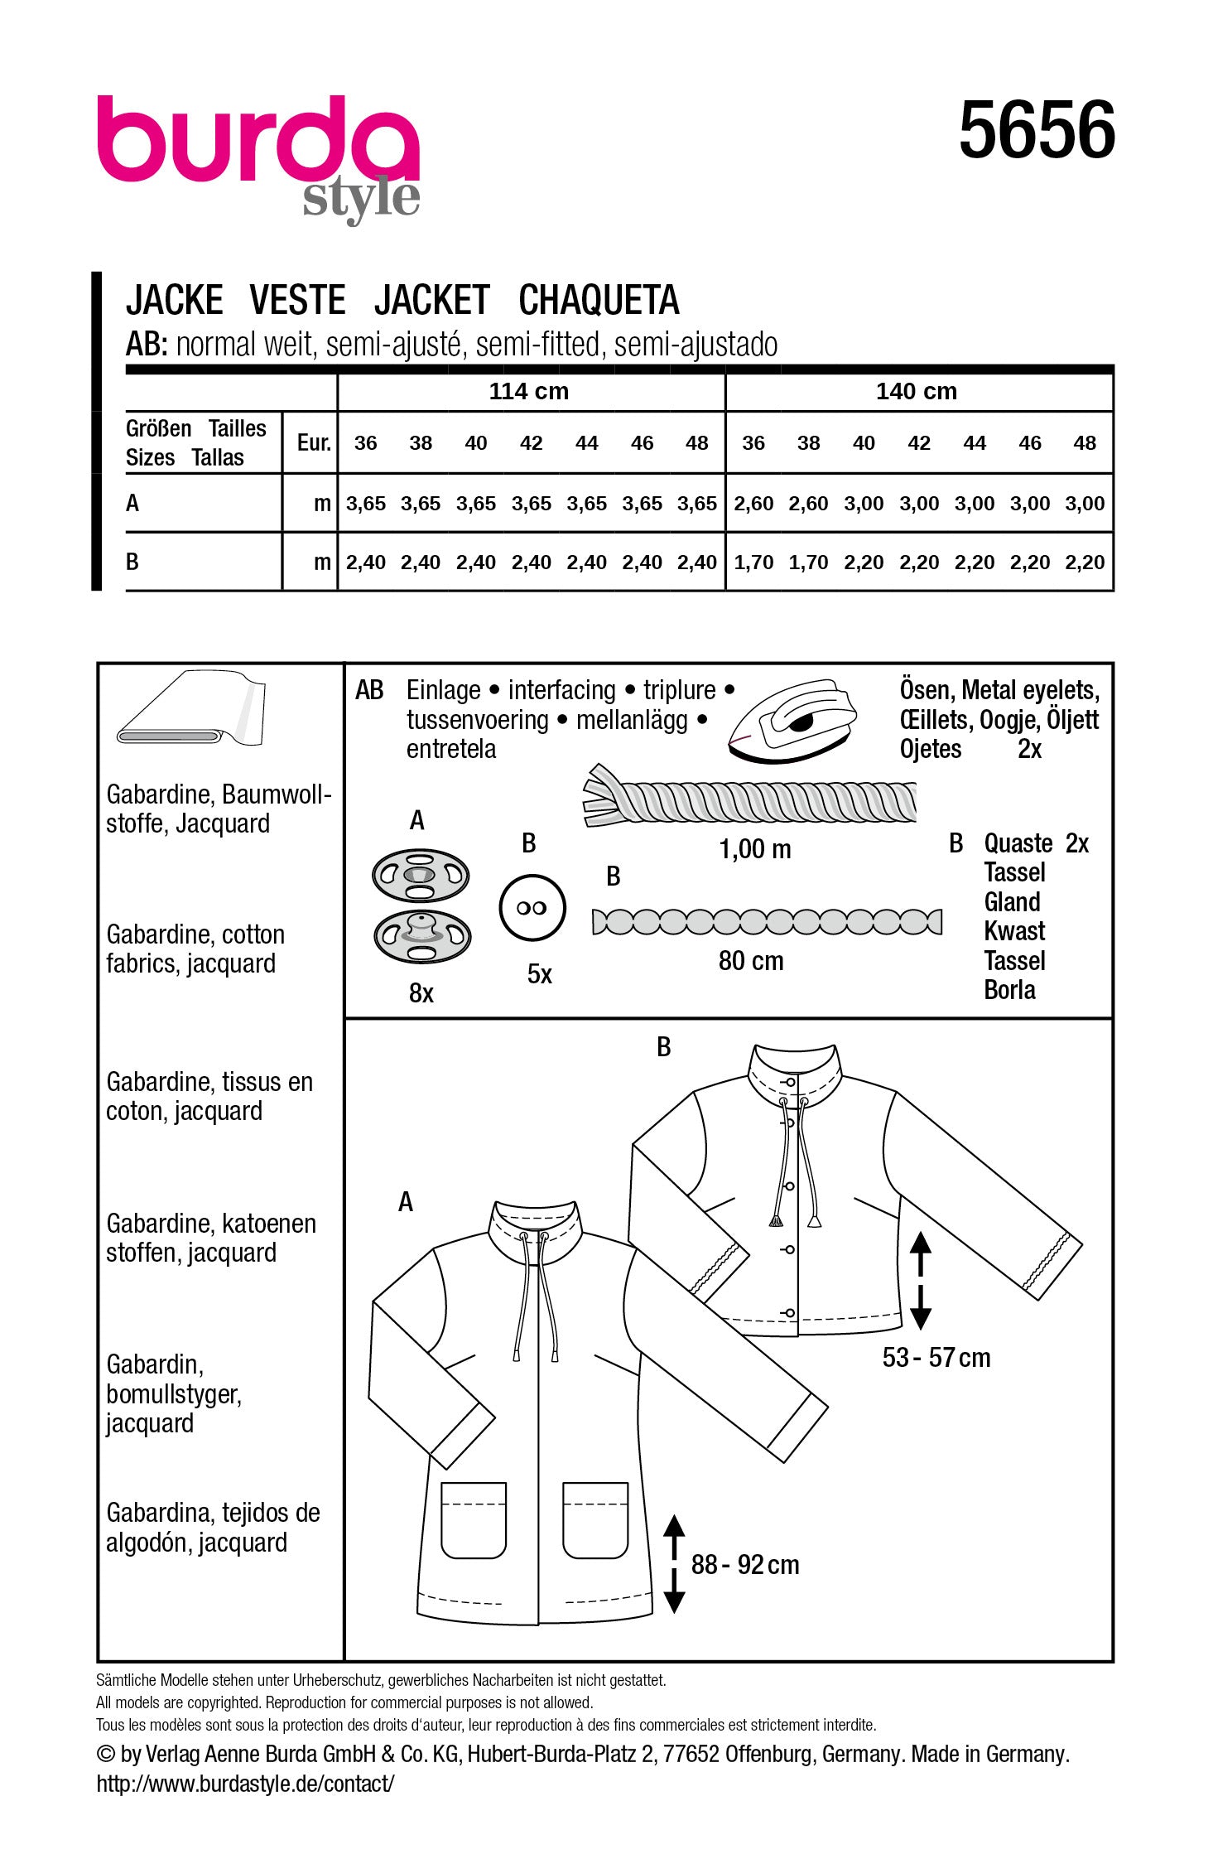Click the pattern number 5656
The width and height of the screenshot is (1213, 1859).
click(x=1036, y=130)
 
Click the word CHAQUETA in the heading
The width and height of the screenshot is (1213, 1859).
click(x=598, y=300)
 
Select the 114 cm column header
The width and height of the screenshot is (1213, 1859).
click(x=528, y=391)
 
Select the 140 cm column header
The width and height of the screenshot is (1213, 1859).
click(x=916, y=391)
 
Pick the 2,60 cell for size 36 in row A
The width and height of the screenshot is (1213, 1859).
click(x=753, y=504)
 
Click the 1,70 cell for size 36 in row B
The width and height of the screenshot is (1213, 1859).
click(x=753, y=563)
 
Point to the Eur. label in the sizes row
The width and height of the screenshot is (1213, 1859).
click(x=313, y=442)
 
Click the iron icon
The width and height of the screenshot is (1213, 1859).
click(x=791, y=717)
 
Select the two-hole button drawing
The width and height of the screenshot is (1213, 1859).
click(x=532, y=908)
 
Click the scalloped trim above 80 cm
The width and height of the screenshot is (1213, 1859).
click(x=767, y=922)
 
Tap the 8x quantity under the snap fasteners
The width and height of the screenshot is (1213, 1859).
click(x=421, y=992)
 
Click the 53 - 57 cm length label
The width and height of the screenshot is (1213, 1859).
click(x=936, y=1358)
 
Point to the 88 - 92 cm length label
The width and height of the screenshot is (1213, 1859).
click(x=745, y=1565)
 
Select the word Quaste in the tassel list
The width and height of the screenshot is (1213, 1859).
click(x=1018, y=843)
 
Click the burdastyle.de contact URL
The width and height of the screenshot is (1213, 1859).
click(x=245, y=1784)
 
